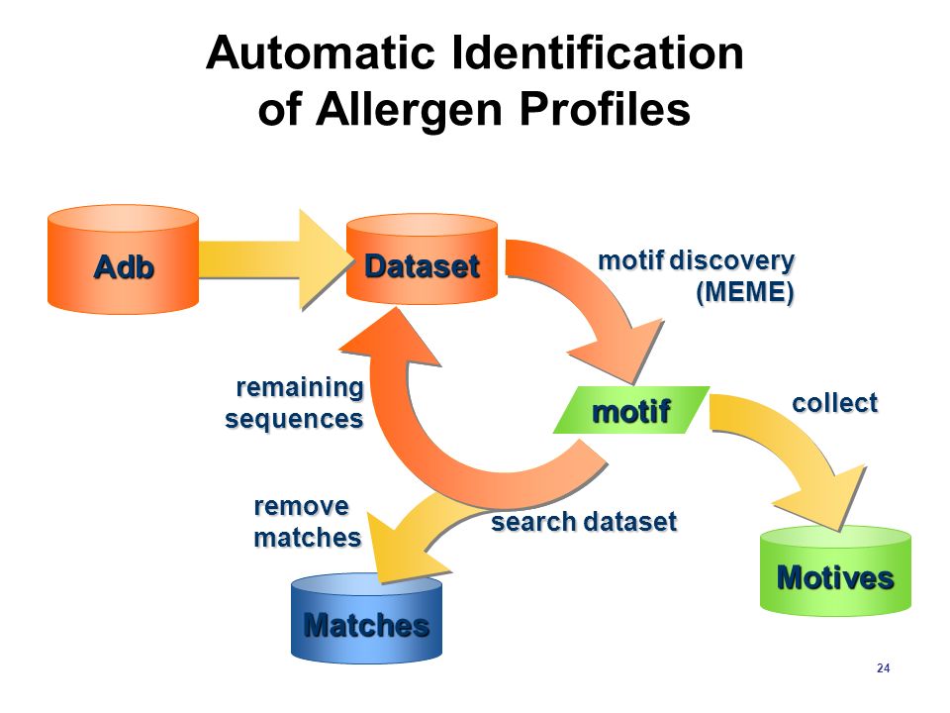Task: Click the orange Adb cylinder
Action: pos(123,259)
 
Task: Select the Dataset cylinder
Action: pos(422,258)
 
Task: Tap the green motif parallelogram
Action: pos(631,410)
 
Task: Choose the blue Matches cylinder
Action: pos(366,618)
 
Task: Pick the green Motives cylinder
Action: pos(835,571)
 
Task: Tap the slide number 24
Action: pos(884,668)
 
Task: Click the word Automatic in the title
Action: pos(321,52)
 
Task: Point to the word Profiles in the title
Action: pos(605,109)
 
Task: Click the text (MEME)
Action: pos(745,292)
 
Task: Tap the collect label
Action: pos(835,403)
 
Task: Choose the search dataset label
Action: pos(584,522)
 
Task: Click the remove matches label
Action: pos(307,522)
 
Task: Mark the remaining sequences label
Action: pos(294,403)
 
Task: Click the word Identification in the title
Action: pos(599,52)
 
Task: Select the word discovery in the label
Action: pos(732,261)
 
